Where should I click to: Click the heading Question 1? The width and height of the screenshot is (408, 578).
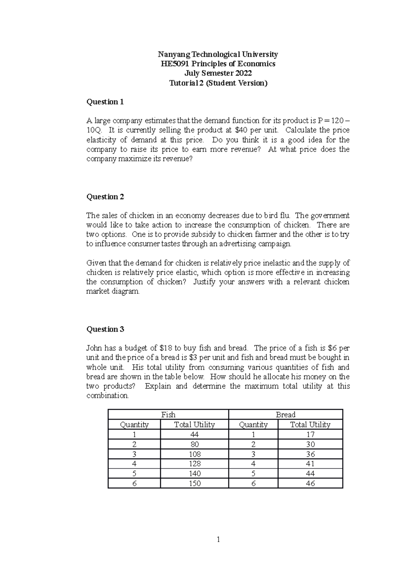(x=105, y=102)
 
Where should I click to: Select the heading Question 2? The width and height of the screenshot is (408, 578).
(x=105, y=197)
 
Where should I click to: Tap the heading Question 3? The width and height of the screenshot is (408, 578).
(x=105, y=329)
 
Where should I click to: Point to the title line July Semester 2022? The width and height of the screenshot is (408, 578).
(x=218, y=74)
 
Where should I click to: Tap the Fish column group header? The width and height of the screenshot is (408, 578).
(x=168, y=415)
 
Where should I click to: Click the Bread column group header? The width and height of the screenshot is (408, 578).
(x=286, y=415)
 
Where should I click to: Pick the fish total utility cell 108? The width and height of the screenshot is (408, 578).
(x=194, y=454)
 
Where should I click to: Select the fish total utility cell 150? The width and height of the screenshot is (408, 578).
(x=194, y=483)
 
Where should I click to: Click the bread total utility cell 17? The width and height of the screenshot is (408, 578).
(x=310, y=435)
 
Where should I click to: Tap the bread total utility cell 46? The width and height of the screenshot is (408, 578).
(x=310, y=483)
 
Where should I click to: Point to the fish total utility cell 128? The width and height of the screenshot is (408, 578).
(x=194, y=464)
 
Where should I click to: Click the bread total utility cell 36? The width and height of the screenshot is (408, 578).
(x=310, y=454)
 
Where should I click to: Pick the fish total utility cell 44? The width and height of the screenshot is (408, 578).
(x=194, y=435)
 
